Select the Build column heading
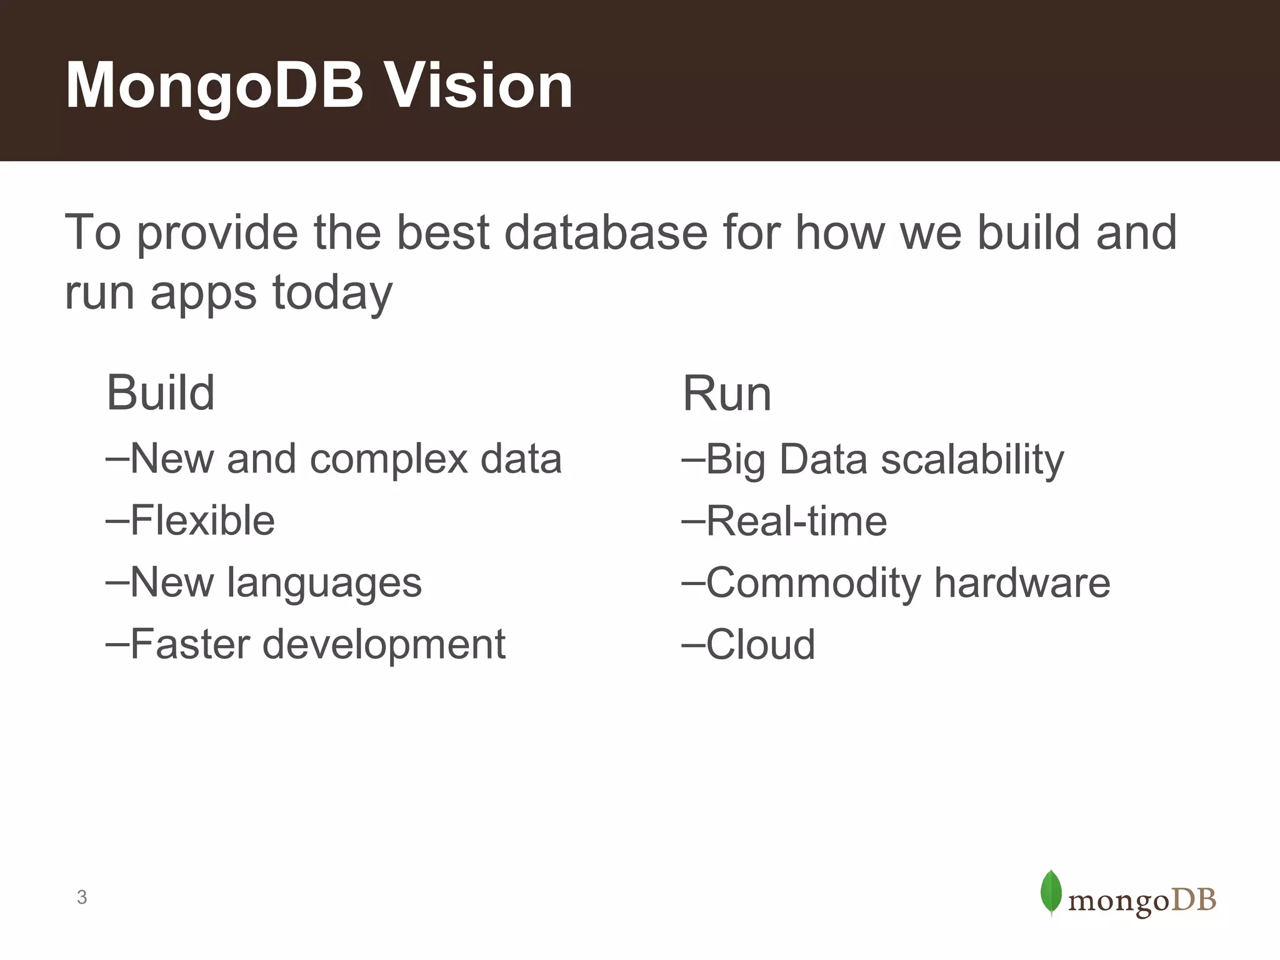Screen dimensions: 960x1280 point(161,393)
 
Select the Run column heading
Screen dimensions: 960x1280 point(727,394)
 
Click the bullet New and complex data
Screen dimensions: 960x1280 point(335,459)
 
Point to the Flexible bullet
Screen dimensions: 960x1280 point(191,520)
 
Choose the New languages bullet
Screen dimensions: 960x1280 point(264,582)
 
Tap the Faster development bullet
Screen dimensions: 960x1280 point(306,644)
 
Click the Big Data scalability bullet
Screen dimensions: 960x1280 point(873,459)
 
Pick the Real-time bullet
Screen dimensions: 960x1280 point(784,521)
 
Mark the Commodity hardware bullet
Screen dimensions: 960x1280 point(896,582)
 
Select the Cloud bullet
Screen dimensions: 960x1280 point(749,644)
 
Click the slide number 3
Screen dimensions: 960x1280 point(82,897)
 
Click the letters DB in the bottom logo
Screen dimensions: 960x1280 point(1193,901)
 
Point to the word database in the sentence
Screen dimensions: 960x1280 point(606,232)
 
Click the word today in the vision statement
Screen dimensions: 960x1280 point(332,292)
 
